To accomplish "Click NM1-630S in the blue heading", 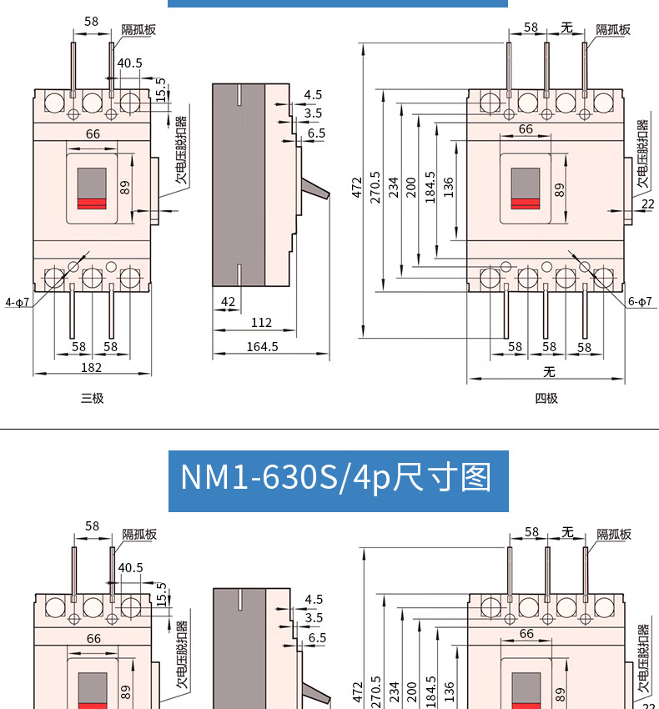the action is coord(259,478).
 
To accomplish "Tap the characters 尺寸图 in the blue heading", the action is coord(442,478).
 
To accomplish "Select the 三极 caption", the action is coord(93,398).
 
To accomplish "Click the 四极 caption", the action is coord(546,398).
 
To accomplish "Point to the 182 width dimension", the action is coord(92,367).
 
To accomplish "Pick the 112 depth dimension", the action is coord(261,323).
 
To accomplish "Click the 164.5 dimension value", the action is coord(262,346).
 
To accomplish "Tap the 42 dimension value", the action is coord(229,302).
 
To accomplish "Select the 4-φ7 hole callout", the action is coord(18,302).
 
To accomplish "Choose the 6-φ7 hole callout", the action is coord(640,301).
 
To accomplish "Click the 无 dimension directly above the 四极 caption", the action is coord(549,372).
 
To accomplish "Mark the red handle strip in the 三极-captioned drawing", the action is coord(92,204).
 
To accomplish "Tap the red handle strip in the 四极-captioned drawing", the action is coord(526,204).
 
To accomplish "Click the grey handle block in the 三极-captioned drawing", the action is coord(92,184).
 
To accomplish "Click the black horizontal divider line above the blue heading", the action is coord(329,428).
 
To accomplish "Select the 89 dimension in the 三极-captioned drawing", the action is coord(125,187).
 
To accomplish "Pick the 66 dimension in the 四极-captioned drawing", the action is coord(526,128).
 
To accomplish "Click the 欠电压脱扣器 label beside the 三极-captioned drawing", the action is coord(181,149).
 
